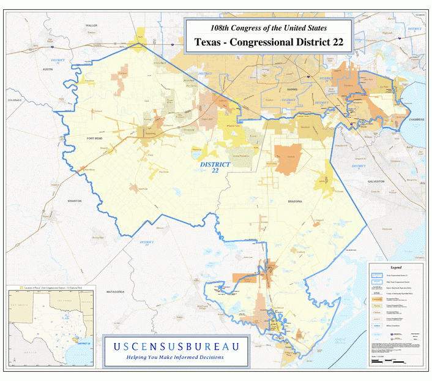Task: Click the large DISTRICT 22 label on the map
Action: point(215,167)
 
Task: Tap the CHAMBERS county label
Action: point(415,120)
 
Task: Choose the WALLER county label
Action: point(92,25)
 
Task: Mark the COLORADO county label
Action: point(15,100)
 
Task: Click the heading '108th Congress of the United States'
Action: point(268,28)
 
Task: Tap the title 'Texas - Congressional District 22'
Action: point(268,43)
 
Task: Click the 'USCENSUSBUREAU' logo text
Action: point(175,346)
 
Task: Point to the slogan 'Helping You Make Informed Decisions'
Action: point(175,357)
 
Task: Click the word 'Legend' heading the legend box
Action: point(396,268)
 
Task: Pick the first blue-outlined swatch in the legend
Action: point(376,277)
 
